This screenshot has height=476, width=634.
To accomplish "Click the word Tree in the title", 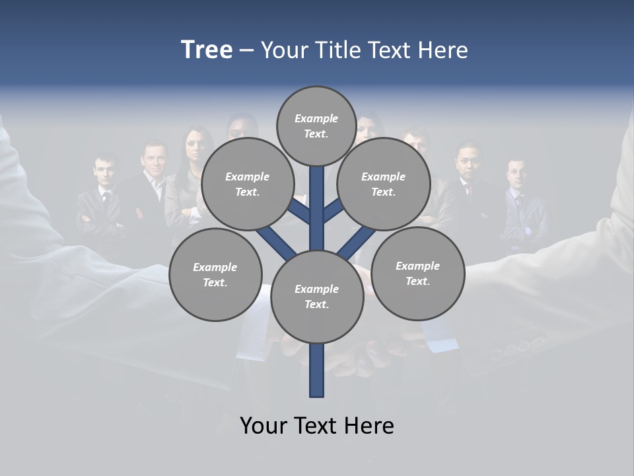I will (207, 50).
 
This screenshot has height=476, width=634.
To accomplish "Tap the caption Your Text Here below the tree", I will (317, 426).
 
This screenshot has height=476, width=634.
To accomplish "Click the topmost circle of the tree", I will (316, 126).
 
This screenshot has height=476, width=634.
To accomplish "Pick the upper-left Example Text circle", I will (247, 184).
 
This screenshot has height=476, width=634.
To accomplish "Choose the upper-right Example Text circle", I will (383, 184).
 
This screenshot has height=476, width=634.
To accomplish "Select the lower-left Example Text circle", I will (215, 275).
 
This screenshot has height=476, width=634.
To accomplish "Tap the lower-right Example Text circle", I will (417, 274).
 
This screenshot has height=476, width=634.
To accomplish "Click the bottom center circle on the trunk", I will (316, 297).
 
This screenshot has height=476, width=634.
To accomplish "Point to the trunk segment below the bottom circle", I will (317, 370).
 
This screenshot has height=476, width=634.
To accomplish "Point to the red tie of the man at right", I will (470, 192).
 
